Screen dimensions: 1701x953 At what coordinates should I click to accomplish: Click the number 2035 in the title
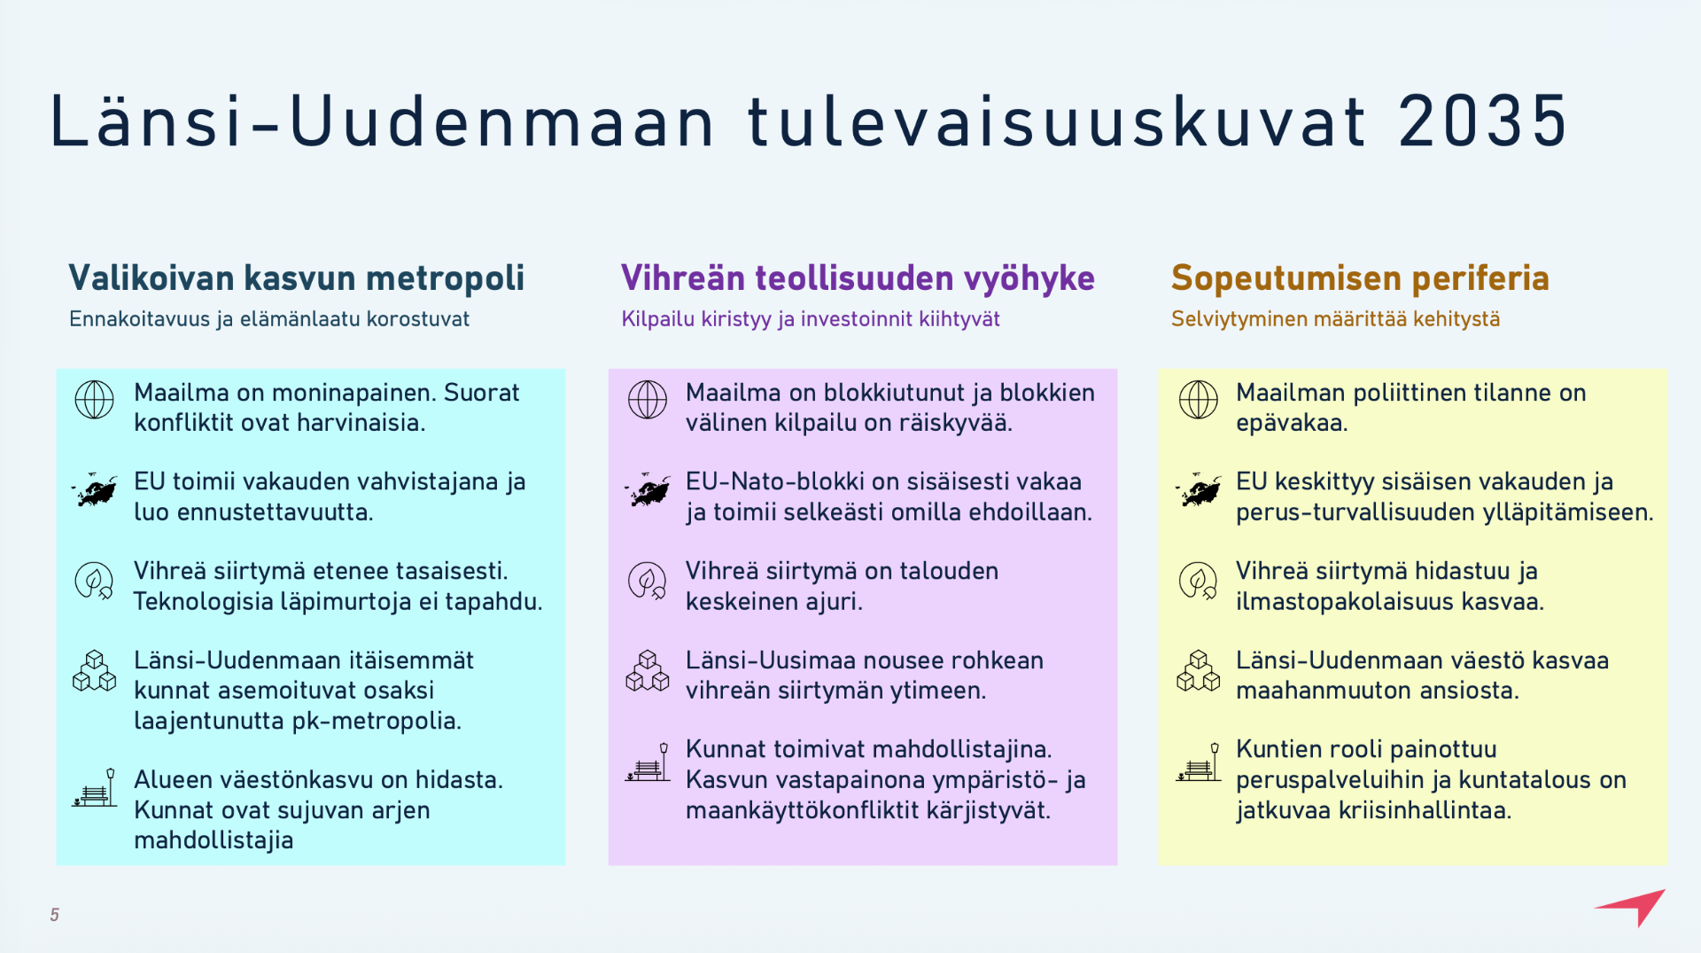coord(1483,121)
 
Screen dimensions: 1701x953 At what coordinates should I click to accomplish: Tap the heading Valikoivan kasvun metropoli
coord(297,278)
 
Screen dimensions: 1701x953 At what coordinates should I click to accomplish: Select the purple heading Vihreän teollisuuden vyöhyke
coord(858,278)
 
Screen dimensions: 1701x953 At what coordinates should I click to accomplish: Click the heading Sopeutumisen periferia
coord(1360,278)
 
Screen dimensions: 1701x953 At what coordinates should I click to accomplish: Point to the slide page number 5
coord(55,915)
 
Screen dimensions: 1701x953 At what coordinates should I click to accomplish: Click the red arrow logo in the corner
coord(1632,907)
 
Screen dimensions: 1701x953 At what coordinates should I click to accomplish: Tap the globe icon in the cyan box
coord(94,400)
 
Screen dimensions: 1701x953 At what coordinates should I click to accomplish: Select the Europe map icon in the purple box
coord(648,489)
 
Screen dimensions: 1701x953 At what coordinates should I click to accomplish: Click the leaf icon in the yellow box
coord(1198,581)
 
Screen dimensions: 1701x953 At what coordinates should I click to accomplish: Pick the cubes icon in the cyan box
coord(94,670)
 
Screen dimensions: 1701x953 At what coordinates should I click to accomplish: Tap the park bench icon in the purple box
coord(648,762)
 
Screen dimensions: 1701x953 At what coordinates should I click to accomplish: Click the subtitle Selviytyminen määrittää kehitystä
coord(1335,319)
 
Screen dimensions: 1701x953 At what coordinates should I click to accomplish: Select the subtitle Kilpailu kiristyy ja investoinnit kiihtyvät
coord(811,319)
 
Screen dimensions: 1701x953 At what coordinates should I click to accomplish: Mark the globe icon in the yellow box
coord(1198,400)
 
